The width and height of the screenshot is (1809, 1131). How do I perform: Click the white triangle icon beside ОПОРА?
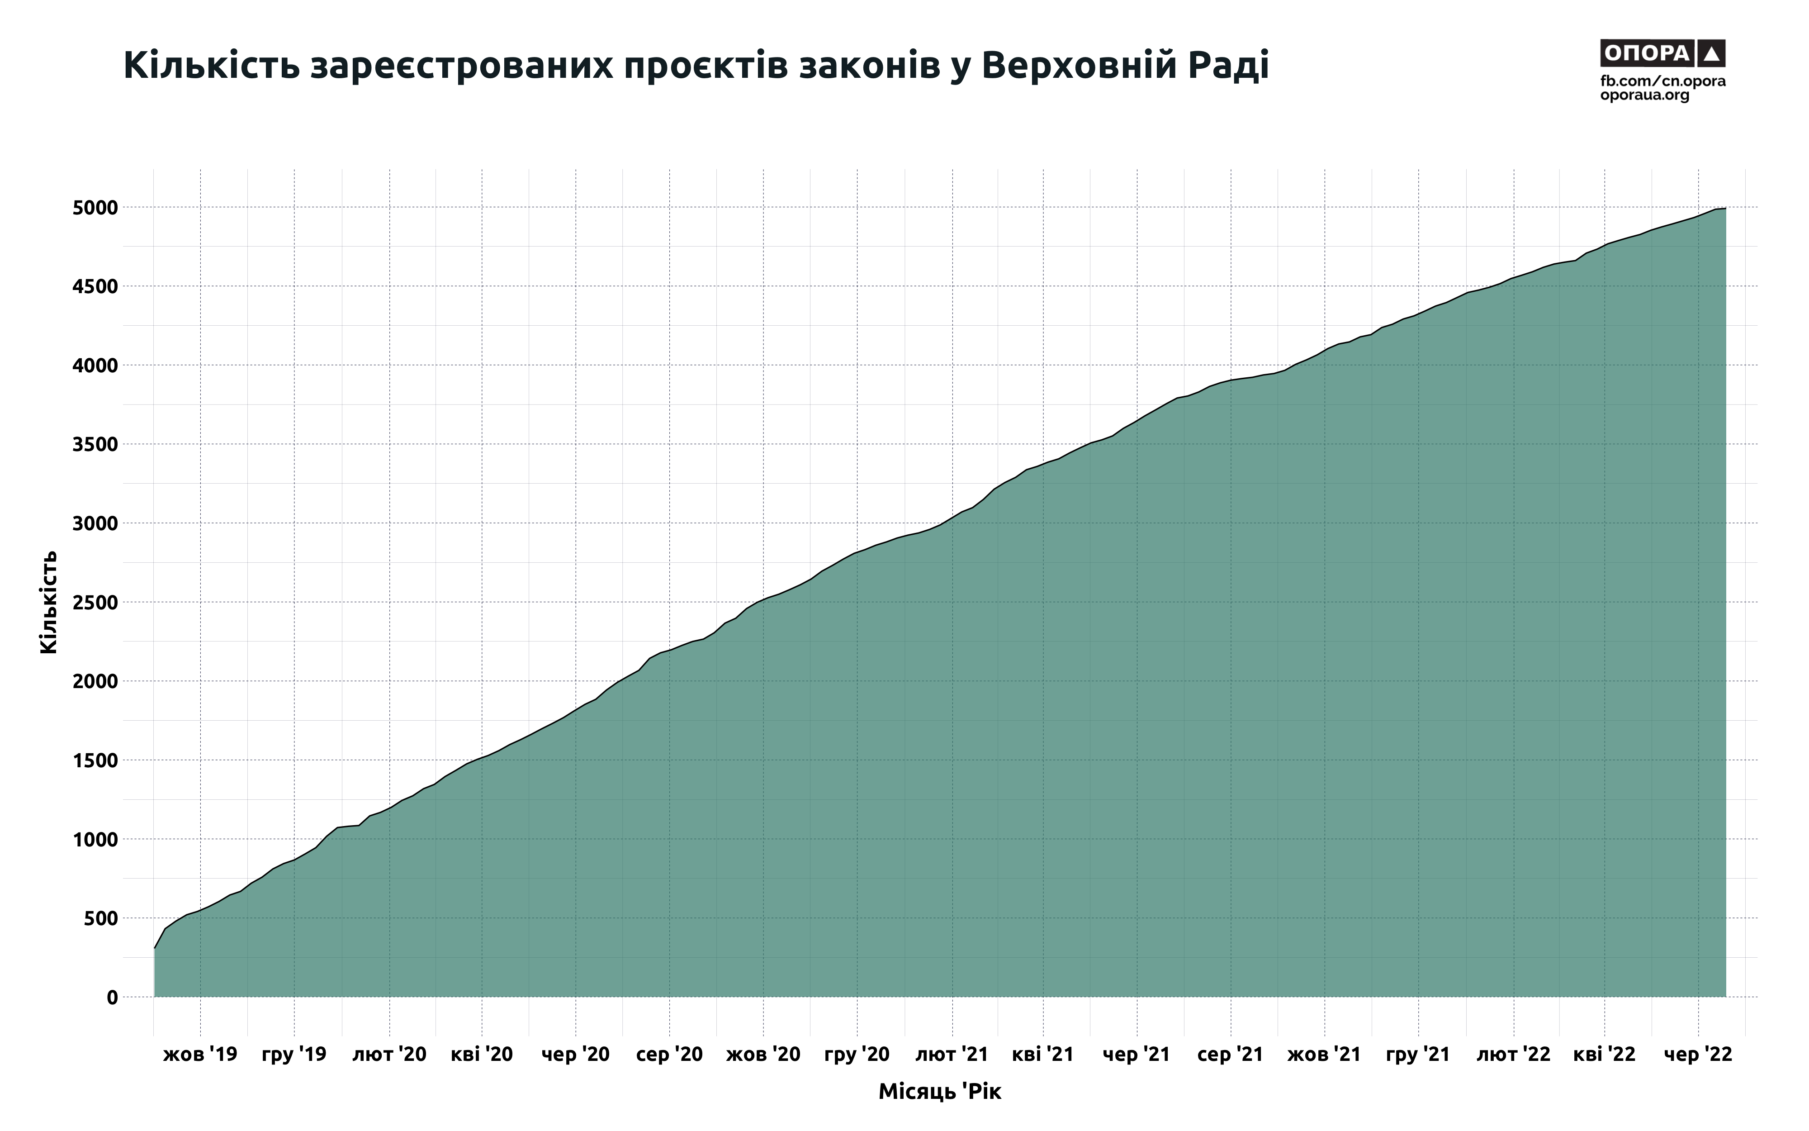pos(1711,53)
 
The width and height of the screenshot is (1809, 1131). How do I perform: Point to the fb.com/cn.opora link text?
pos(1662,81)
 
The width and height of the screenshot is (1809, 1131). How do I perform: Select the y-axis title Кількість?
pos(48,602)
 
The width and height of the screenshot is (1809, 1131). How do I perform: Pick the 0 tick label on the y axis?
pos(112,997)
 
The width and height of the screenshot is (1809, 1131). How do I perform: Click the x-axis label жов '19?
pos(200,1055)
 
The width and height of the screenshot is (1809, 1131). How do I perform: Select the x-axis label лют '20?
pos(389,1055)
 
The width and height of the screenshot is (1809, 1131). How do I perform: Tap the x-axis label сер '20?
pos(669,1055)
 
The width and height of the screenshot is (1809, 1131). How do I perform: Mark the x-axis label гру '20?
pos(857,1055)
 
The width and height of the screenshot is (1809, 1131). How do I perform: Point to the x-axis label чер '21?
pos(1136,1055)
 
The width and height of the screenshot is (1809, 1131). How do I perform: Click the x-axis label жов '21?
pos(1324,1055)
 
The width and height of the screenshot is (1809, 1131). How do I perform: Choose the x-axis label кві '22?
pos(1604,1055)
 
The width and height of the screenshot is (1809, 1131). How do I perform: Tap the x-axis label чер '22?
pos(1698,1055)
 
